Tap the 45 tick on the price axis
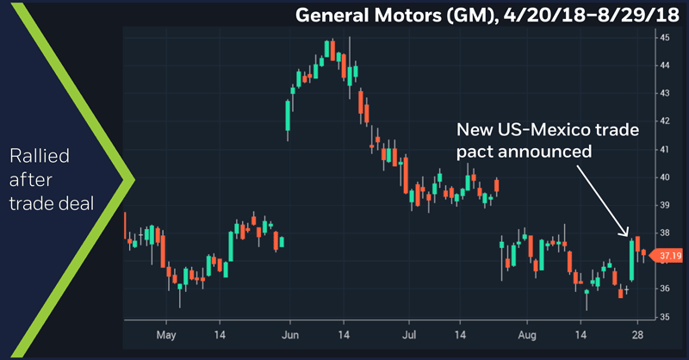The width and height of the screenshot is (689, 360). click(665, 38)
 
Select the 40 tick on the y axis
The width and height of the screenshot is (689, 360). click(665, 177)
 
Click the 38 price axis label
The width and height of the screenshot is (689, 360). click(665, 233)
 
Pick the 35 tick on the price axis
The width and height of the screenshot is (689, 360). click(665, 316)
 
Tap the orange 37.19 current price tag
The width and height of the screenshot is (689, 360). click(670, 255)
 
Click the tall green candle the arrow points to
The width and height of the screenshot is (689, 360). click(632, 259)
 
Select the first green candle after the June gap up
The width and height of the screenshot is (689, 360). click(287, 115)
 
